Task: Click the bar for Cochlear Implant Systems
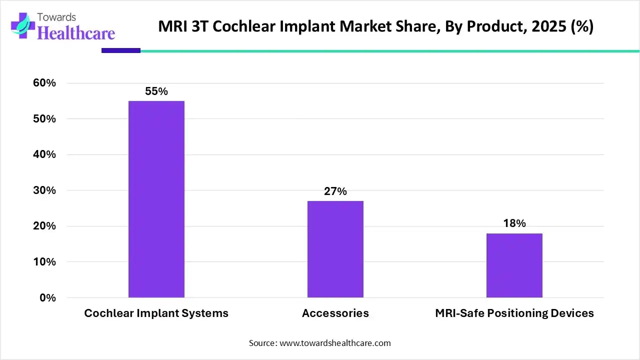point(156,199)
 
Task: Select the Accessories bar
point(335,249)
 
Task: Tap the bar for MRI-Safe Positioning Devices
point(514,265)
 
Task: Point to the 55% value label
point(156,91)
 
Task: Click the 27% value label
point(335,191)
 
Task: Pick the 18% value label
point(514,223)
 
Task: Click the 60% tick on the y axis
point(44,83)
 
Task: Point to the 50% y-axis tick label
point(44,119)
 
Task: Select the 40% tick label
point(44,154)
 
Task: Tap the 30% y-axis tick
point(44,190)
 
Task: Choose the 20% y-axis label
point(44,226)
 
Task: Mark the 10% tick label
point(44,262)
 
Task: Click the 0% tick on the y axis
point(47,298)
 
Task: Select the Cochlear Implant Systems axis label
point(156,313)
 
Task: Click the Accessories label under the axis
point(335,313)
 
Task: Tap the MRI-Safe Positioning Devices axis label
point(514,313)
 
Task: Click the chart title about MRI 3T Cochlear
point(375,26)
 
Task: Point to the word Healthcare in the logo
point(76,33)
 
